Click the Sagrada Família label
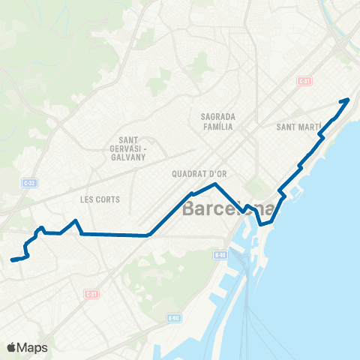(x=219, y=121)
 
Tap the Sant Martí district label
(x=299, y=127)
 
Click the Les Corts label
(x=100, y=199)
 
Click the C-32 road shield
(x=28, y=182)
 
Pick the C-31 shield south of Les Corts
(x=91, y=293)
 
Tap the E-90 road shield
(x=174, y=318)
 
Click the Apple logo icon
(x=12, y=347)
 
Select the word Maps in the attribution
(x=33, y=347)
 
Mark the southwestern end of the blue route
(x=13, y=260)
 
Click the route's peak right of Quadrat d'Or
(x=216, y=184)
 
